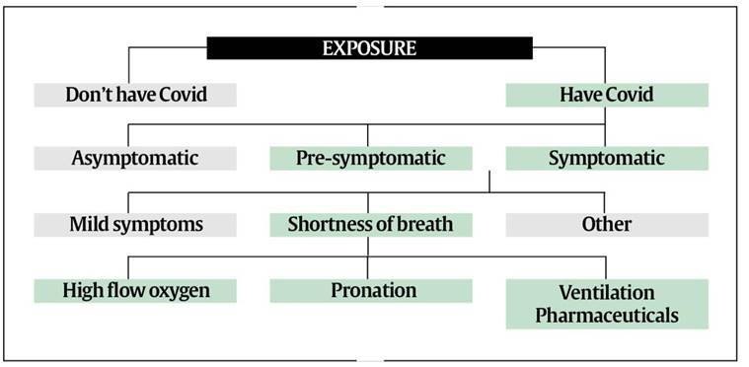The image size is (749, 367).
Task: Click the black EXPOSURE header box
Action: (369, 48)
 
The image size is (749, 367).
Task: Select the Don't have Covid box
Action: (135, 95)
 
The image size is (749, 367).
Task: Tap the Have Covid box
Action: (607, 95)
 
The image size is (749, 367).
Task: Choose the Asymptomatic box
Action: (135, 158)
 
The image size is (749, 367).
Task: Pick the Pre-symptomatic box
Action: (371, 158)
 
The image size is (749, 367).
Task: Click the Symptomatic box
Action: (607, 158)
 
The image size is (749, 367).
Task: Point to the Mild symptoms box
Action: (135, 224)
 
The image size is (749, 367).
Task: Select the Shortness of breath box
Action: (371, 224)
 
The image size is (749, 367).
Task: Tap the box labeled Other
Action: (607, 224)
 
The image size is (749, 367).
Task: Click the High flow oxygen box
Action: (135, 291)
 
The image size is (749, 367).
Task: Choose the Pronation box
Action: (371, 291)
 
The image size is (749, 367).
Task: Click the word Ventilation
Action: (607, 292)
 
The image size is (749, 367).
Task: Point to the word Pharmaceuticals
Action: (607, 316)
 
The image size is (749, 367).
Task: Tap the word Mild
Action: (88, 224)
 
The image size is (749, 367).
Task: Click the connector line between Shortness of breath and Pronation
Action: (368, 257)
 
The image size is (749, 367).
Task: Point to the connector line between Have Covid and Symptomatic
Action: (605, 126)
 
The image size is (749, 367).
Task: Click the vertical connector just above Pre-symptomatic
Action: (368, 135)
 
